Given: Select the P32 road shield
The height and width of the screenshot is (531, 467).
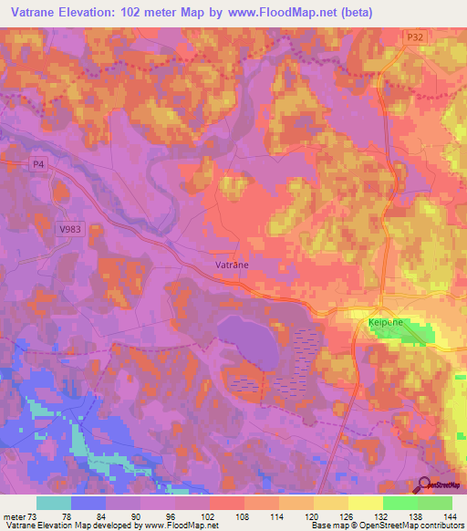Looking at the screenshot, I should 414,36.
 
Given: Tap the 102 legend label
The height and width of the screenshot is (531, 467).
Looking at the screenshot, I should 209,515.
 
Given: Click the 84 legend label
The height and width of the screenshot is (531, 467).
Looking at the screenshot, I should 105,515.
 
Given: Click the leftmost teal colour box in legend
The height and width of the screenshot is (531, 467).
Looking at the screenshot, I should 54,503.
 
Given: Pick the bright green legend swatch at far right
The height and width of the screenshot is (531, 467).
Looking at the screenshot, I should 434,503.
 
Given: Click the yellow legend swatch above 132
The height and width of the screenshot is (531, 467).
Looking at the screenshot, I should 365,503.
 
